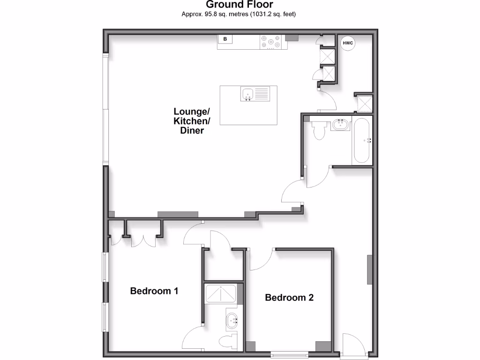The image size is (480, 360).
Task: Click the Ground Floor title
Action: click(x=240, y=5)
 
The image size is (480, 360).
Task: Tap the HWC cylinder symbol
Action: click(x=347, y=43)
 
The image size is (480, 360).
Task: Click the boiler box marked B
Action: click(x=225, y=39)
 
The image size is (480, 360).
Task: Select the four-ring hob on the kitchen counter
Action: click(x=270, y=42)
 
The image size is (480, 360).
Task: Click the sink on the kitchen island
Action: click(x=247, y=94)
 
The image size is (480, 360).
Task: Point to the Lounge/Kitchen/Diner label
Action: click(x=192, y=121)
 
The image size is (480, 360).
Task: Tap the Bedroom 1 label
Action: click(x=154, y=291)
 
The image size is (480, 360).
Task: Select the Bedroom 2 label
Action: click(x=289, y=298)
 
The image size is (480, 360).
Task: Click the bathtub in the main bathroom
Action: click(x=361, y=141)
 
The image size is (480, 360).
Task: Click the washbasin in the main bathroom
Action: click(x=340, y=125)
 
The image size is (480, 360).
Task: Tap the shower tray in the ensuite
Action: click(x=221, y=294)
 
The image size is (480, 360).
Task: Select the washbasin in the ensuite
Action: click(x=232, y=321)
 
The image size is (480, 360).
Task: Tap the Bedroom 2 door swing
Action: click(x=262, y=260)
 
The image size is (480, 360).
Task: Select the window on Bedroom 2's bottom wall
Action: click(x=290, y=353)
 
